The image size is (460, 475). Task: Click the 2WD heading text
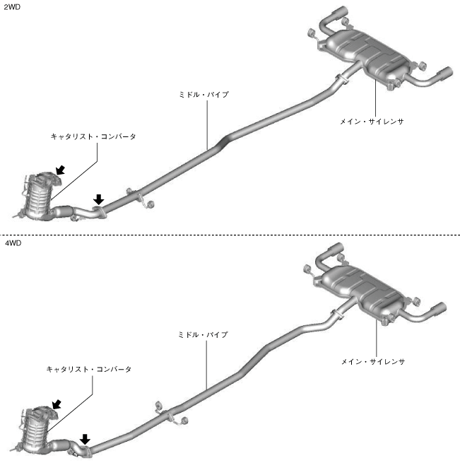(11, 6)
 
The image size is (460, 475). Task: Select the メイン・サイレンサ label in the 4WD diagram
(372, 361)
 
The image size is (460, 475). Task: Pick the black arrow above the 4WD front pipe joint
(85, 439)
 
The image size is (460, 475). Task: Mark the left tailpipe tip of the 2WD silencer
(338, 13)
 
